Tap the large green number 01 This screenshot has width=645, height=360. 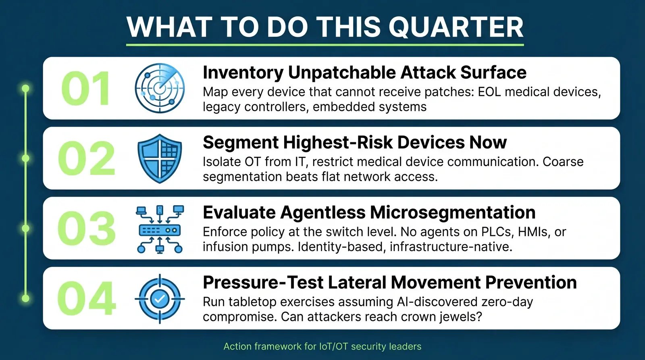(86, 89)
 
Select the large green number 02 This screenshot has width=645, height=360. (87, 158)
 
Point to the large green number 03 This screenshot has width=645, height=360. (87, 229)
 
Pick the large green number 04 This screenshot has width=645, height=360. (87, 298)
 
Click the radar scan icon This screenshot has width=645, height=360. (160, 88)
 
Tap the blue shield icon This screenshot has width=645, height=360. (160, 158)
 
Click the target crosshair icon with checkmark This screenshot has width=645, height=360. (160, 299)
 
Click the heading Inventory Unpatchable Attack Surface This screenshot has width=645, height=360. (364, 73)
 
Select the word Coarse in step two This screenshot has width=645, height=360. (563, 162)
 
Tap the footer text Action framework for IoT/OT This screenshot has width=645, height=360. (322, 346)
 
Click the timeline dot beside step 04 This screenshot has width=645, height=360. (25, 298)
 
